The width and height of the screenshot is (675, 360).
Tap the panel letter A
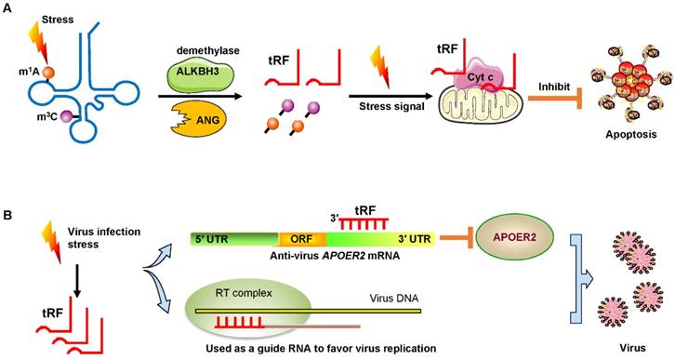click(x=8, y=8)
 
